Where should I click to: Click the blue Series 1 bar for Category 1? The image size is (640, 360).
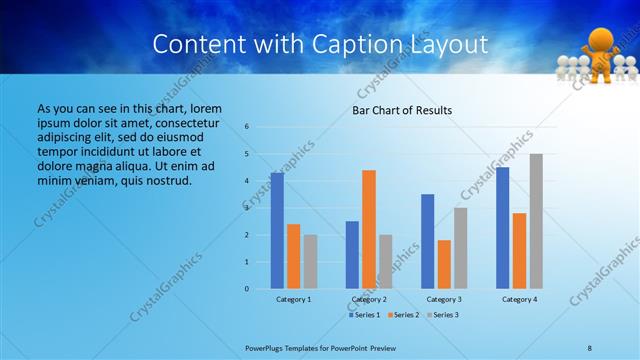click(x=277, y=231)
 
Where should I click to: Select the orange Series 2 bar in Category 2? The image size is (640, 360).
click(x=368, y=229)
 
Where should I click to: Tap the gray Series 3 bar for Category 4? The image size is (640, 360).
click(x=536, y=221)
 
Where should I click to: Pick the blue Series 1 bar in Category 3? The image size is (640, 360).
click(x=428, y=241)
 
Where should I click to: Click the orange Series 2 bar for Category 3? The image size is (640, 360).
click(x=444, y=264)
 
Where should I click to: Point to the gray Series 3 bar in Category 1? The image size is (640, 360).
click(x=310, y=262)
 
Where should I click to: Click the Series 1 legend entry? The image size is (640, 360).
click(x=364, y=315)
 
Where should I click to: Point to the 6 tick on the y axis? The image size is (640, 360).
click(x=261, y=127)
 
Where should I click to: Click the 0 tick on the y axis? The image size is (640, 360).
click(x=261, y=289)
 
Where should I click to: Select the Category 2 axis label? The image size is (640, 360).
click(x=369, y=299)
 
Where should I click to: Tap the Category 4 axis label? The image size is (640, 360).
click(x=519, y=299)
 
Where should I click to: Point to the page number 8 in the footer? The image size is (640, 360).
click(x=590, y=347)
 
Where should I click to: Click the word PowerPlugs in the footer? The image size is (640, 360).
click(x=266, y=347)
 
